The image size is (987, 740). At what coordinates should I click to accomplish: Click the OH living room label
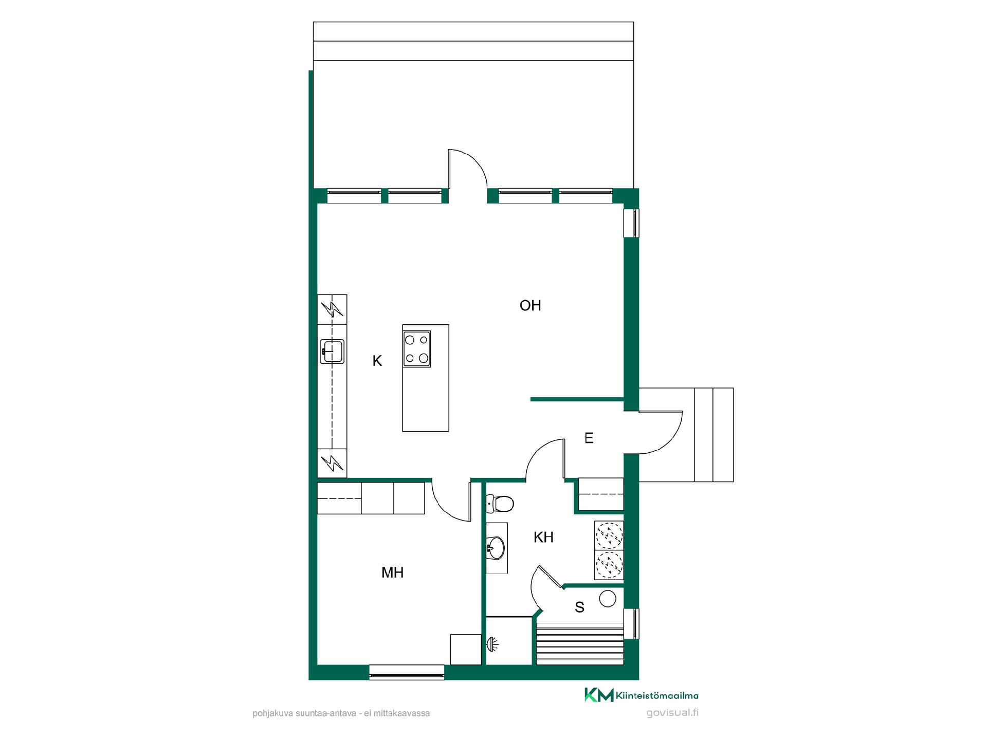[x=530, y=306]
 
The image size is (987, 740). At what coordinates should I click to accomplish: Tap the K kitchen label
[x=377, y=361]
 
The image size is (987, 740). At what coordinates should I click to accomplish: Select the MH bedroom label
[x=392, y=572]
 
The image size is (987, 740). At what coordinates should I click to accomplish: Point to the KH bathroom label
[x=543, y=538]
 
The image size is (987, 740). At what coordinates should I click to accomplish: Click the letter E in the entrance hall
[x=589, y=438]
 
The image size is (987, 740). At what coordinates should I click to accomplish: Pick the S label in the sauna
[x=579, y=607]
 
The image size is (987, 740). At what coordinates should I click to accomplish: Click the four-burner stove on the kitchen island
[x=417, y=349]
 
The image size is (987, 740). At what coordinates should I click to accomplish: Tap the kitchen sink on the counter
[x=332, y=351]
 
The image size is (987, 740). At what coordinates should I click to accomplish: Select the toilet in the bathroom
[x=500, y=504]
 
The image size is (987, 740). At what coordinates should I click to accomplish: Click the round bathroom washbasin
[x=496, y=548]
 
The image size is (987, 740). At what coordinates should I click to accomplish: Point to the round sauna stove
[x=608, y=599]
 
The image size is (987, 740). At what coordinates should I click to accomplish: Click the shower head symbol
[x=492, y=643]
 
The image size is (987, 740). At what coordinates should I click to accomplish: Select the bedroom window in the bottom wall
[x=407, y=672]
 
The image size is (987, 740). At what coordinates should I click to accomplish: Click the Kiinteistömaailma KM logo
[x=599, y=695]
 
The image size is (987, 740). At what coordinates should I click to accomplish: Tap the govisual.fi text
[x=672, y=713]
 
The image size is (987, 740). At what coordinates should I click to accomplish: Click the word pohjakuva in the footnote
[x=270, y=713]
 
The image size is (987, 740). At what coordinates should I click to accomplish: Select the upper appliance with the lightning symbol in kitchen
[x=332, y=309]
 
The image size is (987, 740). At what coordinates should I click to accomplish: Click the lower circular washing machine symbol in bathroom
[x=609, y=565]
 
